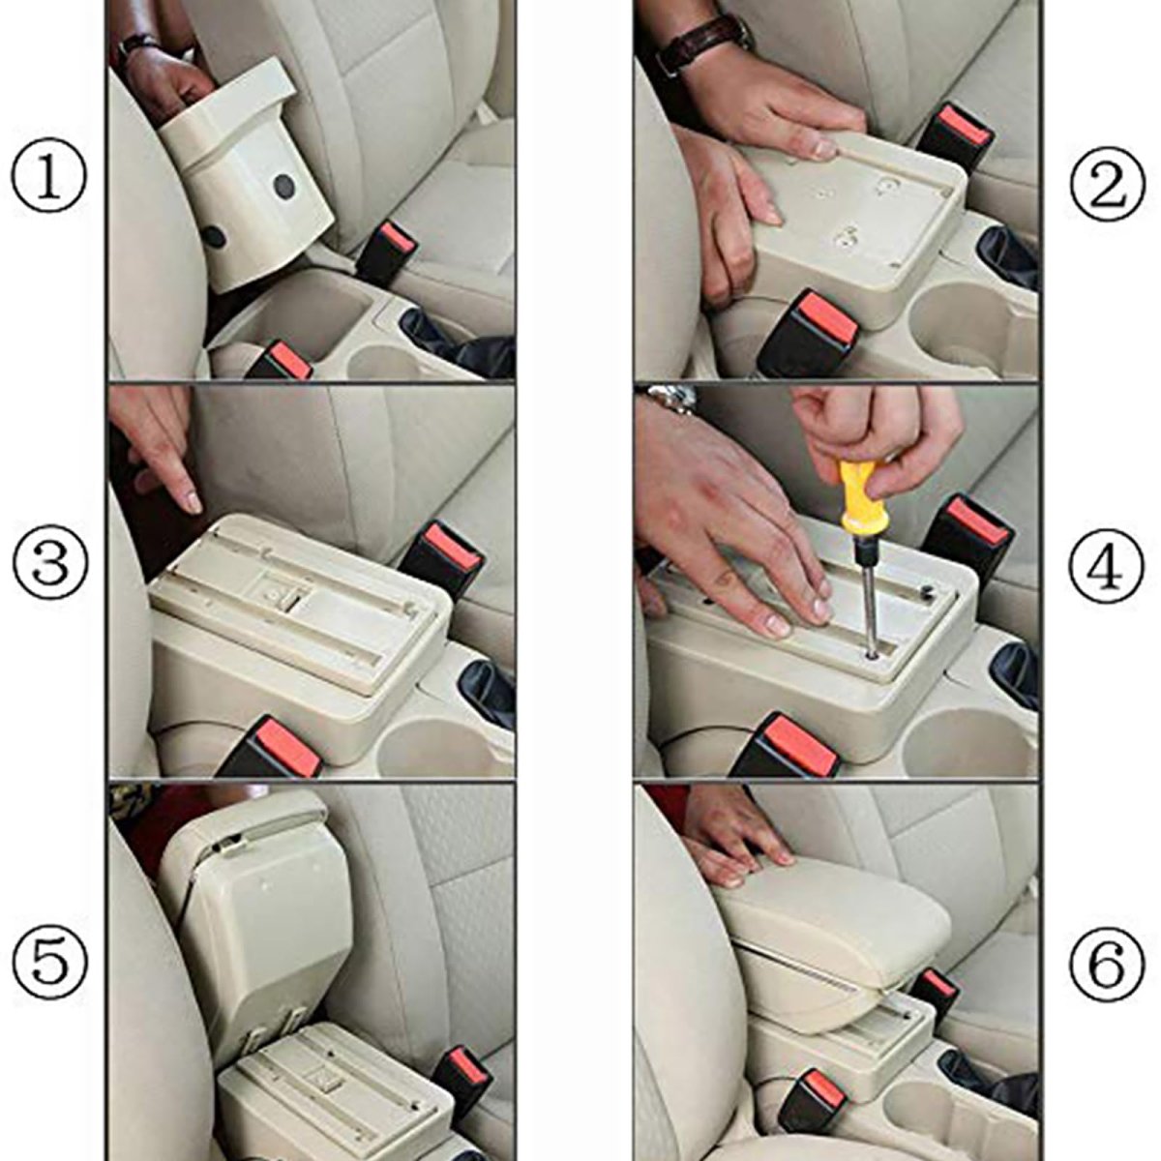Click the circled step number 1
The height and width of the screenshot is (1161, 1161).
pyautogui.click(x=50, y=176)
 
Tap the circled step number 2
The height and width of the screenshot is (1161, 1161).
pyautogui.click(x=1108, y=184)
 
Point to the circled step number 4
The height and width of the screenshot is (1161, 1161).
pyautogui.click(x=1108, y=568)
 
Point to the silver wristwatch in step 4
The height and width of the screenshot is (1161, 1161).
pyautogui.click(x=669, y=399)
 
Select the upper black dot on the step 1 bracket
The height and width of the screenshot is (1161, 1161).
pyautogui.click(x=283, y=188)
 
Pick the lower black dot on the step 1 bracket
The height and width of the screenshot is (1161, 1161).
pyautogui.click(x=213, y=237)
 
